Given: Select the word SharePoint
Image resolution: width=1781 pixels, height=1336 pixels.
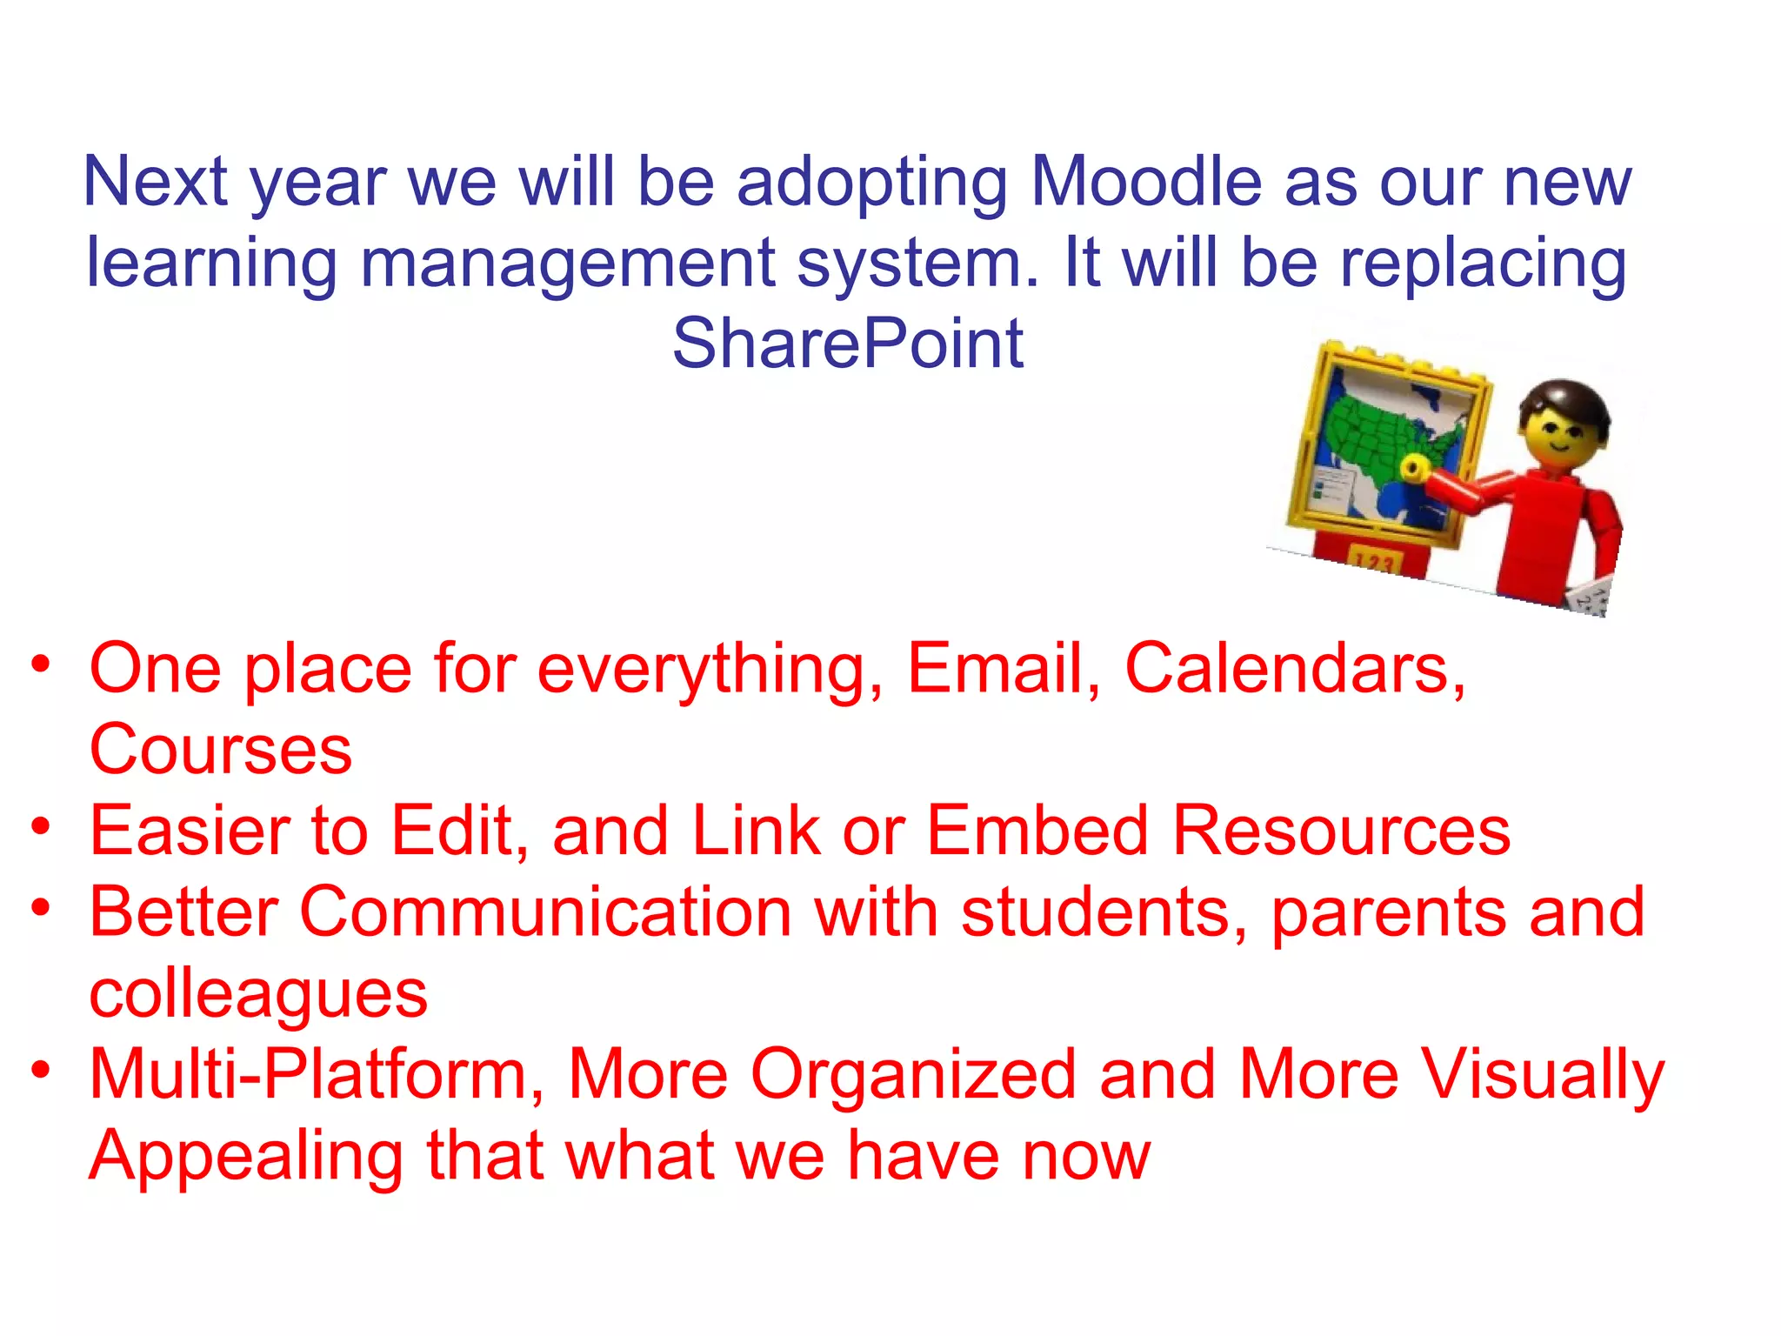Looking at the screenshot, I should [x=848, y=344].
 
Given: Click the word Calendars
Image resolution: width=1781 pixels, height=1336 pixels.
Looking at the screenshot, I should [x=1295, y=669].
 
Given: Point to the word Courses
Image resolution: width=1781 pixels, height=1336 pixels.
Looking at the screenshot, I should [x=221, y=750].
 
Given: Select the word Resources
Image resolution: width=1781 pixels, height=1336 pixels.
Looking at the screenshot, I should [x=1341, y=831].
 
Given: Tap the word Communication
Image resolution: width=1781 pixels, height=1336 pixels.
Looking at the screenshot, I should [x=545, y=912].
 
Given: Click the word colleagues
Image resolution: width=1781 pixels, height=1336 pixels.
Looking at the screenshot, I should [x=258, y=994].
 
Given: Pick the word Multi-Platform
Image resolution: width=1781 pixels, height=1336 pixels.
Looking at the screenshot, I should [x=317, y=1074].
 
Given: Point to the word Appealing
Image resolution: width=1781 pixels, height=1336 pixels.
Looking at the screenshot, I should [x=246, y=1157].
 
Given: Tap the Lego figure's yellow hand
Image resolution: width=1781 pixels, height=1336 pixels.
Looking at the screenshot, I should [x=1414, y=469].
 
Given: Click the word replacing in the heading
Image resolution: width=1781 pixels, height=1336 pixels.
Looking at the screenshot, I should [x=1482, y=264].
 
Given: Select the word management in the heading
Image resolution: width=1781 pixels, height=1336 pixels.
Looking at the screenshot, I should [x=567, y=264].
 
